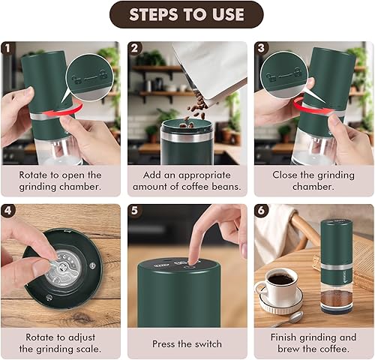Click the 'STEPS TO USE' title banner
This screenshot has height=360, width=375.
[x=187, y=14]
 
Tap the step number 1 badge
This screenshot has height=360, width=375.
[x=7, y=48]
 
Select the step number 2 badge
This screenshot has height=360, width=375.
[x=135, y=48]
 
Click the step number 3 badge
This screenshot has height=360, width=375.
[x=262, y=48]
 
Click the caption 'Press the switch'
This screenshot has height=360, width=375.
[x=187, y=343]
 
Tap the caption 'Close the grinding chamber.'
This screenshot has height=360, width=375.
[x=313, y=180]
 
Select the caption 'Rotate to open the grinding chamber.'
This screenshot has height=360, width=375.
[x=60, y=180]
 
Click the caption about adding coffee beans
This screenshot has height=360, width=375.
[x=187, y=180]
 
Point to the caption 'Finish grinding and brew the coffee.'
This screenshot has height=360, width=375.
[x=313, y=343]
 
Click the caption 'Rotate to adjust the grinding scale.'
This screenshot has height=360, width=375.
[x=60, y=343]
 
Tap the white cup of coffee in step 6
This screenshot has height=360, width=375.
[x=280, y=286]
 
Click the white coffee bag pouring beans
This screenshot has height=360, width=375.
[x=210, y=67]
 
